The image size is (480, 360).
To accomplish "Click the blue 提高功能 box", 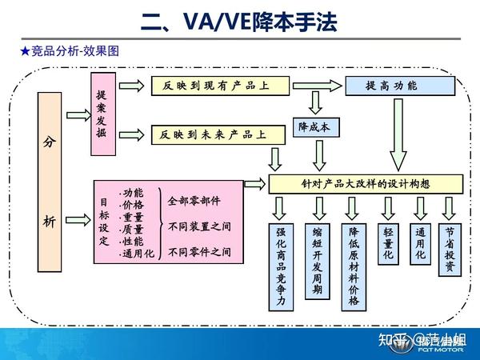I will coord(390,85).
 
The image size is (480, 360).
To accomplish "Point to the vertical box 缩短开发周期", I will coord(318,260).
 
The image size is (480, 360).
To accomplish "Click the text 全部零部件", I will coord(194,201).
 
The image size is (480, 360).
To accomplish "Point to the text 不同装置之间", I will coord(200,226).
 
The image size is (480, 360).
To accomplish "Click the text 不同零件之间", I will coord(200,252).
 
